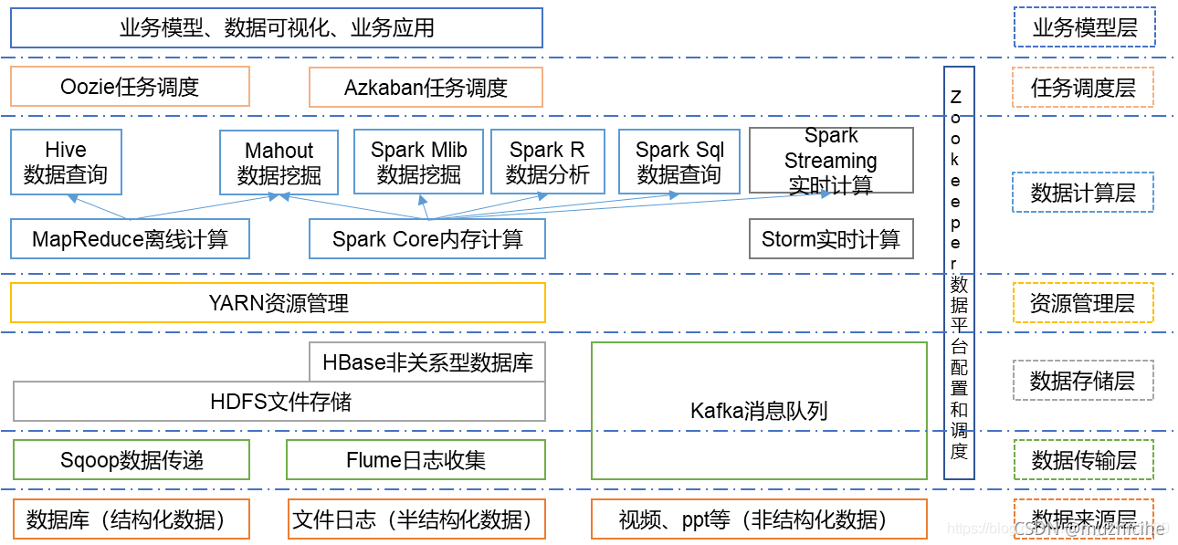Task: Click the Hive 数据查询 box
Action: [x=66, y=162]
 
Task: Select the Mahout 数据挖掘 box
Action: [x=279, y=162]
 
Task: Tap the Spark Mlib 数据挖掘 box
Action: [x=418, y=162]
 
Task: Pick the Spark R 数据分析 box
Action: [x=547, y=162]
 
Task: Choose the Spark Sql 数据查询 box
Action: [x=679, y=162]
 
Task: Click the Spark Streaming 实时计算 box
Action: [x=831, y=161]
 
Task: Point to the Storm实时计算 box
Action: [x=831, y=239]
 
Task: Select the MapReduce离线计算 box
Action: [x=130, y=239]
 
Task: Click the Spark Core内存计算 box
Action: [x=427, y=239]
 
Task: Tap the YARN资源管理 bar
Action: [x=278, y=302]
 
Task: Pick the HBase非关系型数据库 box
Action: [x=427, y=362]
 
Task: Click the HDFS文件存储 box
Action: [x=279, y=401]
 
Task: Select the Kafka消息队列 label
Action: [x=759, y=411]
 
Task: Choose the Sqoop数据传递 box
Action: [x=131, y=460]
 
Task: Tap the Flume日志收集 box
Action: [x=415, y=460]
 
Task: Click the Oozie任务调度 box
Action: [x=130, y=88]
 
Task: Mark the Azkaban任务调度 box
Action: [x=426, y=88]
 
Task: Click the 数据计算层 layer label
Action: [x=1083, y=193]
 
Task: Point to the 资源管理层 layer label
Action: [x=1083, y=303]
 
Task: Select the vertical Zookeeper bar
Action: [x=959, y=274]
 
